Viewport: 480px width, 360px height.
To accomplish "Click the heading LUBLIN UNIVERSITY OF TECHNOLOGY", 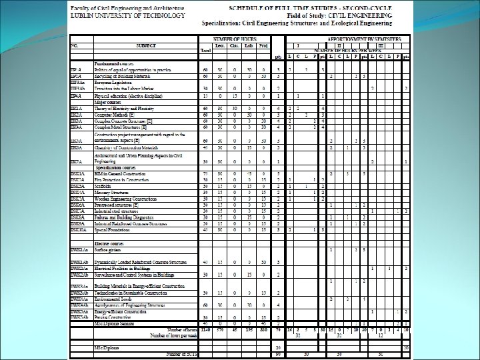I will coord(116,13).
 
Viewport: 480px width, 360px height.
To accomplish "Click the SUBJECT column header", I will coord(146,45).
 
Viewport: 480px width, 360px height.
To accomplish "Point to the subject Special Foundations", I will coord(114,230).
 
